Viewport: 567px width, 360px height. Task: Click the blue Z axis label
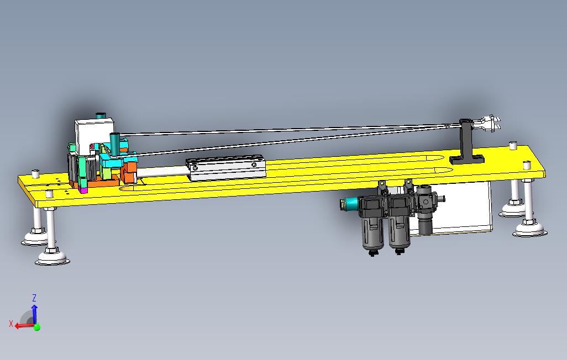click(x=34, y=298)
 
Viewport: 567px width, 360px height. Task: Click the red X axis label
click(x=11, y=324)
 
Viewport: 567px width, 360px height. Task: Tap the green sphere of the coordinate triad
click(x=37, y=327)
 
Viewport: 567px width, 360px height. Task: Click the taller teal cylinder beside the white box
click(x=116, y=145)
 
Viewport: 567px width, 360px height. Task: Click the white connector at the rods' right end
click(x=489, y=123)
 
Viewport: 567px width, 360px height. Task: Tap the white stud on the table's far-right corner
click(x=512, y=146)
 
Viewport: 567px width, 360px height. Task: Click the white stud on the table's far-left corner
click(x=36, y=173)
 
